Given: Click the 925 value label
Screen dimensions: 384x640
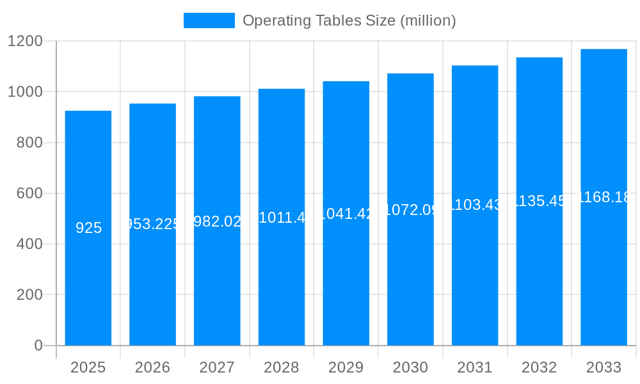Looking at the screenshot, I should pyautogui.click(x=88, y=228).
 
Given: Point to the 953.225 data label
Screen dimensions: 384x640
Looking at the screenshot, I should pyautogui.click(x=152, y=224).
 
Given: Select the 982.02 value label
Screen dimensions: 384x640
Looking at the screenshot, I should pyautogui.click(x=217, y=221).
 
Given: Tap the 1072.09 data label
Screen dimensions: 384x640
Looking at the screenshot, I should pyautogui.click(x=410, y=209).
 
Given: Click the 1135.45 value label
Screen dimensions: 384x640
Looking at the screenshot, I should pyautogui.click(x=540, y=201).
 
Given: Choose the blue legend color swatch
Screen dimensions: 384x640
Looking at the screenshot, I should pyautogui.click(x=209, y=20).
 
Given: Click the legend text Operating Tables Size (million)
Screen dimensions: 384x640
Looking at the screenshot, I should pyautogui.click(x=349, y=20).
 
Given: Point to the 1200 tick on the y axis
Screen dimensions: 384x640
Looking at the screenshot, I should pyautogui.click(x=26, y=41).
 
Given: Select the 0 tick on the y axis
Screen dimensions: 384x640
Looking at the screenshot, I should pyautogui.click(x=38, y=346).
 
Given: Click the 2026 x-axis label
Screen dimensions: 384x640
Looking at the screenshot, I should pyautogui.click(x=152, y=367).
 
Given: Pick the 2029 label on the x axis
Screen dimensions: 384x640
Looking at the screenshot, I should pyautogui.click(x=346, y=367).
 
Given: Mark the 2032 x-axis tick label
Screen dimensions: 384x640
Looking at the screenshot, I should pyautogui.click(x=540, y=367).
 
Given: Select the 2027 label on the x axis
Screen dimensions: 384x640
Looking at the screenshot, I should pyautogui.click(x=217, y=367).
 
